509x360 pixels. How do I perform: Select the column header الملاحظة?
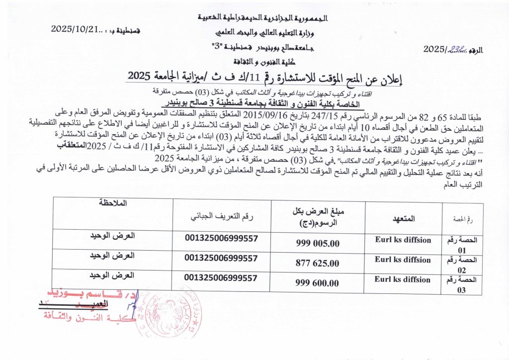pyautogui.click(x=113, y=204)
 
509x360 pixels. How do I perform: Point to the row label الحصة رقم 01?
pyautogui.click(x=463, y=244)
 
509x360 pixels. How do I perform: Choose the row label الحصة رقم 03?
pyautogui.click(x=463, y=284)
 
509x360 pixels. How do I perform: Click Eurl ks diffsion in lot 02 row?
pyautogui.click(x=403, y=260)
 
